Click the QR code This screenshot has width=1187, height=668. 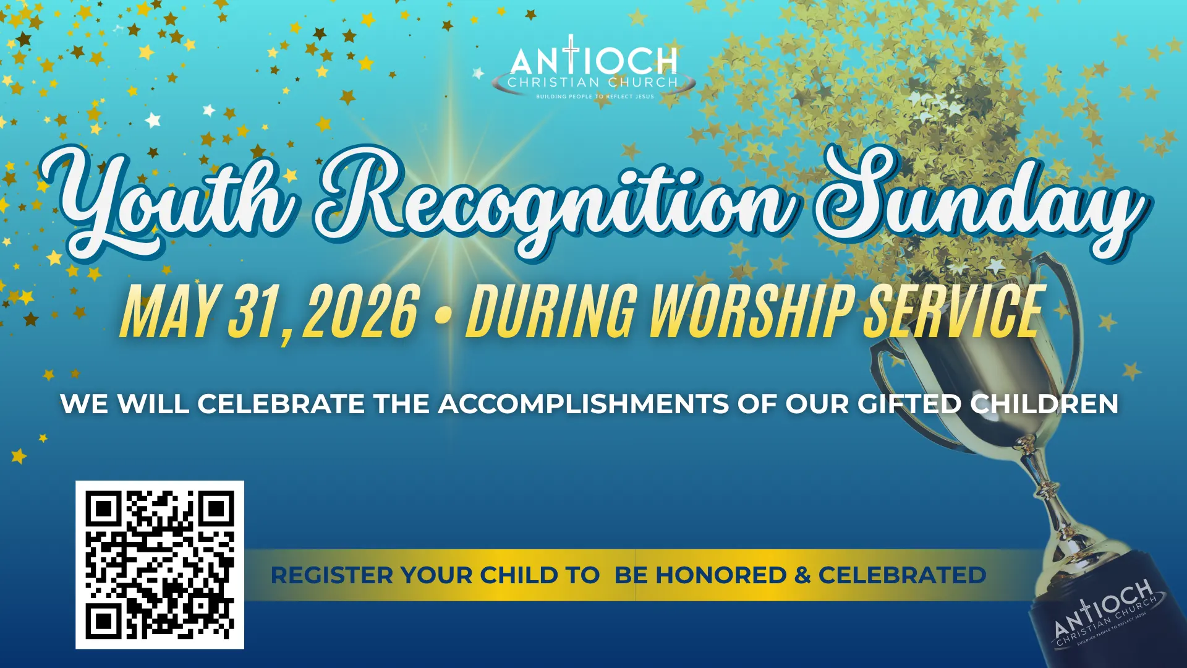click(160, 565)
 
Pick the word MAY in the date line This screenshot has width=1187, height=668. click(168, 312)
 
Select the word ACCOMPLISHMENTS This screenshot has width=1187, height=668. click(584, 405)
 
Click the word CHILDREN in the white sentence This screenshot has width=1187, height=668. click(1044, 405)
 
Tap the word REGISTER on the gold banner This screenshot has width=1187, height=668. click(332, 575)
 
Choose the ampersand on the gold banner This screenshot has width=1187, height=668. click(802, 575)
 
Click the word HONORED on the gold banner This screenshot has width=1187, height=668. click(721, 575)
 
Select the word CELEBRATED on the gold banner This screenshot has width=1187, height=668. click(902, 575)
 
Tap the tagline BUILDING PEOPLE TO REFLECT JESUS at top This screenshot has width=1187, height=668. click(595, 96)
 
